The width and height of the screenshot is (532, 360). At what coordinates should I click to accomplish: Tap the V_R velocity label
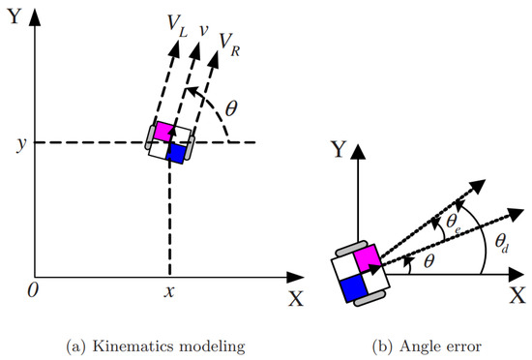[229, 45]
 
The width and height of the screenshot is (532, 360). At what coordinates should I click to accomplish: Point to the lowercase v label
[203, 30]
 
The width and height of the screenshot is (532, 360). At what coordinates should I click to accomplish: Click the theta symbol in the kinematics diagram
[231, 109]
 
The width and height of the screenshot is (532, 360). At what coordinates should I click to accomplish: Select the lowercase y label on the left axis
[21, 144]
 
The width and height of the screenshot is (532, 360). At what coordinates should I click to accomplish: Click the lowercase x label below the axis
[169, 291]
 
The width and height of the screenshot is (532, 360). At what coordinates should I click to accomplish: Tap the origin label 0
[33, 290]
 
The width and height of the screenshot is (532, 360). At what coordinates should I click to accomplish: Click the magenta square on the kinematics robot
[163, 131]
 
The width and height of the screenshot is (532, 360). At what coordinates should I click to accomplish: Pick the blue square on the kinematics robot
[177, 154]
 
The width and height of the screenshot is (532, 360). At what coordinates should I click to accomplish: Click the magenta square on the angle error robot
[367, 257]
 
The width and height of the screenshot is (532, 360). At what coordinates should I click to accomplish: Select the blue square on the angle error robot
[353, 287]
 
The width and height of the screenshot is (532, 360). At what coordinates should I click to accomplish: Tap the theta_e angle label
[454, 223]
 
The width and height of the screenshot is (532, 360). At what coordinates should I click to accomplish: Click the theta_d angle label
[502, 243]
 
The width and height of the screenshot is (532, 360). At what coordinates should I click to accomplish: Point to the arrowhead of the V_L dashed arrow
[174, 48]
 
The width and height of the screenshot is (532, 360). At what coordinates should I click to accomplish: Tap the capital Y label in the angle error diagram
[339, 150]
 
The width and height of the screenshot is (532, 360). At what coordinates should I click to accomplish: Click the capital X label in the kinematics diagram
[296, 299]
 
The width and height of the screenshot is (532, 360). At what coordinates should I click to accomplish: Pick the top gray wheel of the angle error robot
[352, 248]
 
